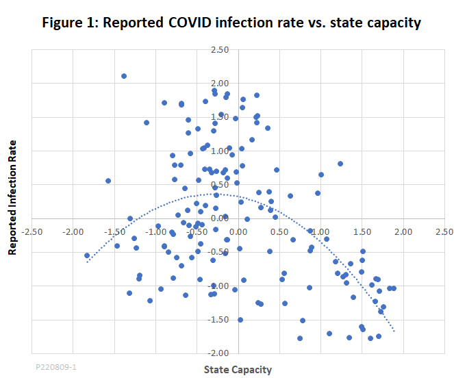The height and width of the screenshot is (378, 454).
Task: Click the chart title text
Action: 231,22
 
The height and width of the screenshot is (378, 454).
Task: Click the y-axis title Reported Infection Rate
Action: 12,199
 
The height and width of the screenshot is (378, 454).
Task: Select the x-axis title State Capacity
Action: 238,370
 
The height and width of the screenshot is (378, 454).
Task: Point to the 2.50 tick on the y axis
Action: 220,50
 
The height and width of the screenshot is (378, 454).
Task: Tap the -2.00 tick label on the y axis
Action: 218,353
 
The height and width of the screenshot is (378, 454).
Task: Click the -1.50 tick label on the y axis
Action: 218,319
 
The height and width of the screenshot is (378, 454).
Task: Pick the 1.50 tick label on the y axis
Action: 220,117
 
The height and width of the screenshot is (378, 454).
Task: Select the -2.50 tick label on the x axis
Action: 32,231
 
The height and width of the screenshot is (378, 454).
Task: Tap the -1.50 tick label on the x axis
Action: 114,231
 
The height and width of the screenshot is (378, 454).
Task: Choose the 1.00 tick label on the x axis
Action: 320,231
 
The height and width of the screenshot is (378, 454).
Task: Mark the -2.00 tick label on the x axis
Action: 73,231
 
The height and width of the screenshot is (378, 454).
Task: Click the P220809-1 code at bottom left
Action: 56,367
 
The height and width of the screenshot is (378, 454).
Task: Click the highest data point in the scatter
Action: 124,76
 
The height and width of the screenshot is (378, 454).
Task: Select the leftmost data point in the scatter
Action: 87,255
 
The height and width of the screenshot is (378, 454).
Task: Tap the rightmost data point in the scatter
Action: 394,288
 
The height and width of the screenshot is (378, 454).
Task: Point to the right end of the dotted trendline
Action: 394,331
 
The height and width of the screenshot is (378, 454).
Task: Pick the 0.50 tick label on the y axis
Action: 220,184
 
